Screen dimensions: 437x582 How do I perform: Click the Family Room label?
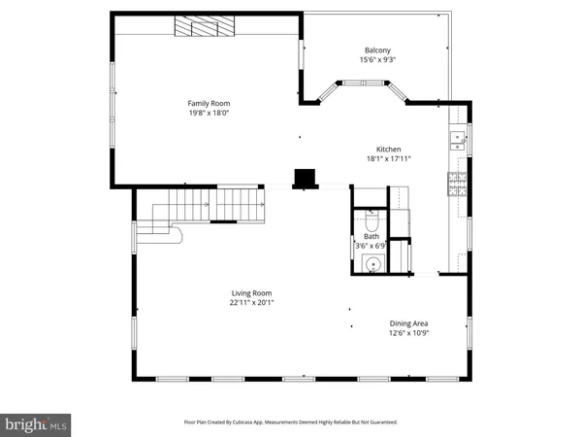(209, 103)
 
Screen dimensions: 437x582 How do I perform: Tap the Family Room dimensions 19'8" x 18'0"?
(209, 113)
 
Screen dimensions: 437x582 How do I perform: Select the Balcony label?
(378, 50)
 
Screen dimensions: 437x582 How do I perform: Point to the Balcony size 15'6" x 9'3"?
(378, 60)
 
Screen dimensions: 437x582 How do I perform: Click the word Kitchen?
(389, 150)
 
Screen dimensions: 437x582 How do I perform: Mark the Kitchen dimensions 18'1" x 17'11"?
(389, 159)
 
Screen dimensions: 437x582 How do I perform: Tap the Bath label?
(372, 236)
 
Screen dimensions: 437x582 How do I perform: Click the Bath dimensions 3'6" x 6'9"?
(372, 246)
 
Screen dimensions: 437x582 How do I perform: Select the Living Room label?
(251, 292)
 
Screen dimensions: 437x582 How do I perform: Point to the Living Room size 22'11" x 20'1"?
(251, 302)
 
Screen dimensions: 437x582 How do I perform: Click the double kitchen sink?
(455, 138)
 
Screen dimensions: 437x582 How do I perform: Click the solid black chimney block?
(306, 178)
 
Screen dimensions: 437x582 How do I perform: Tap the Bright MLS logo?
(37, 423)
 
